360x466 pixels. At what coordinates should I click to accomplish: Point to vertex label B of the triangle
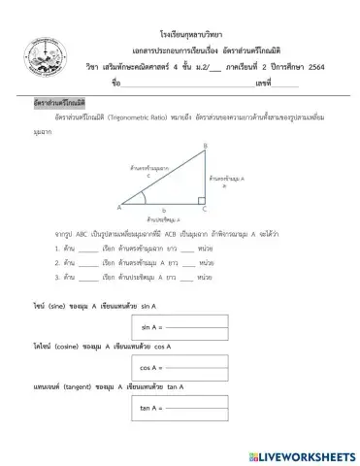(x=204, y=147)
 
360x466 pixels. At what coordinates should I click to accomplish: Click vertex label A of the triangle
(x=120, y=208)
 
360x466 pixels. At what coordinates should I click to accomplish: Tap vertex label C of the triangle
(x=204, y=208)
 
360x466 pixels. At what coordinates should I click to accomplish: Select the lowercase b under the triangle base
(x=164, y=211)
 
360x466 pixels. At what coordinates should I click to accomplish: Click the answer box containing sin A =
(x=182, y=327)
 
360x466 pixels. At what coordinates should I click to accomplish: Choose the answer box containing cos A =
(x=182, y=368)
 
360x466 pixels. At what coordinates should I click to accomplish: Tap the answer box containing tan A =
(x=182, y=409)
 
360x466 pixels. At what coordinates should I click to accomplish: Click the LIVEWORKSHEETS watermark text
(x=299, y=454)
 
